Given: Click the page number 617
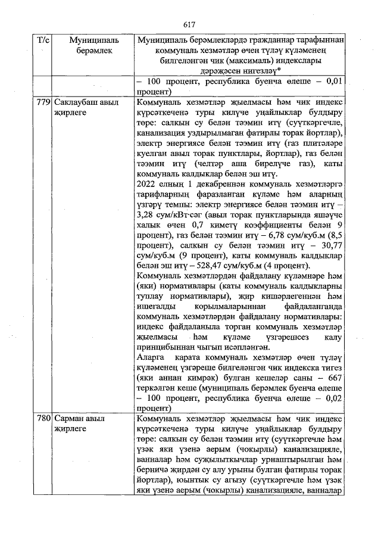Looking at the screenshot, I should tap(190, 24).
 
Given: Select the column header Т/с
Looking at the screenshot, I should tap(43, 40).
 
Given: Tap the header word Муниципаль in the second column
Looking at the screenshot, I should tap(94, 40).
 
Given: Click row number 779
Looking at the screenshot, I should tap(43, 102).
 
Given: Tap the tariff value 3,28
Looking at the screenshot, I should tap(146, 214).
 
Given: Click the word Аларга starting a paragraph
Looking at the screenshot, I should tap(151, 357).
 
